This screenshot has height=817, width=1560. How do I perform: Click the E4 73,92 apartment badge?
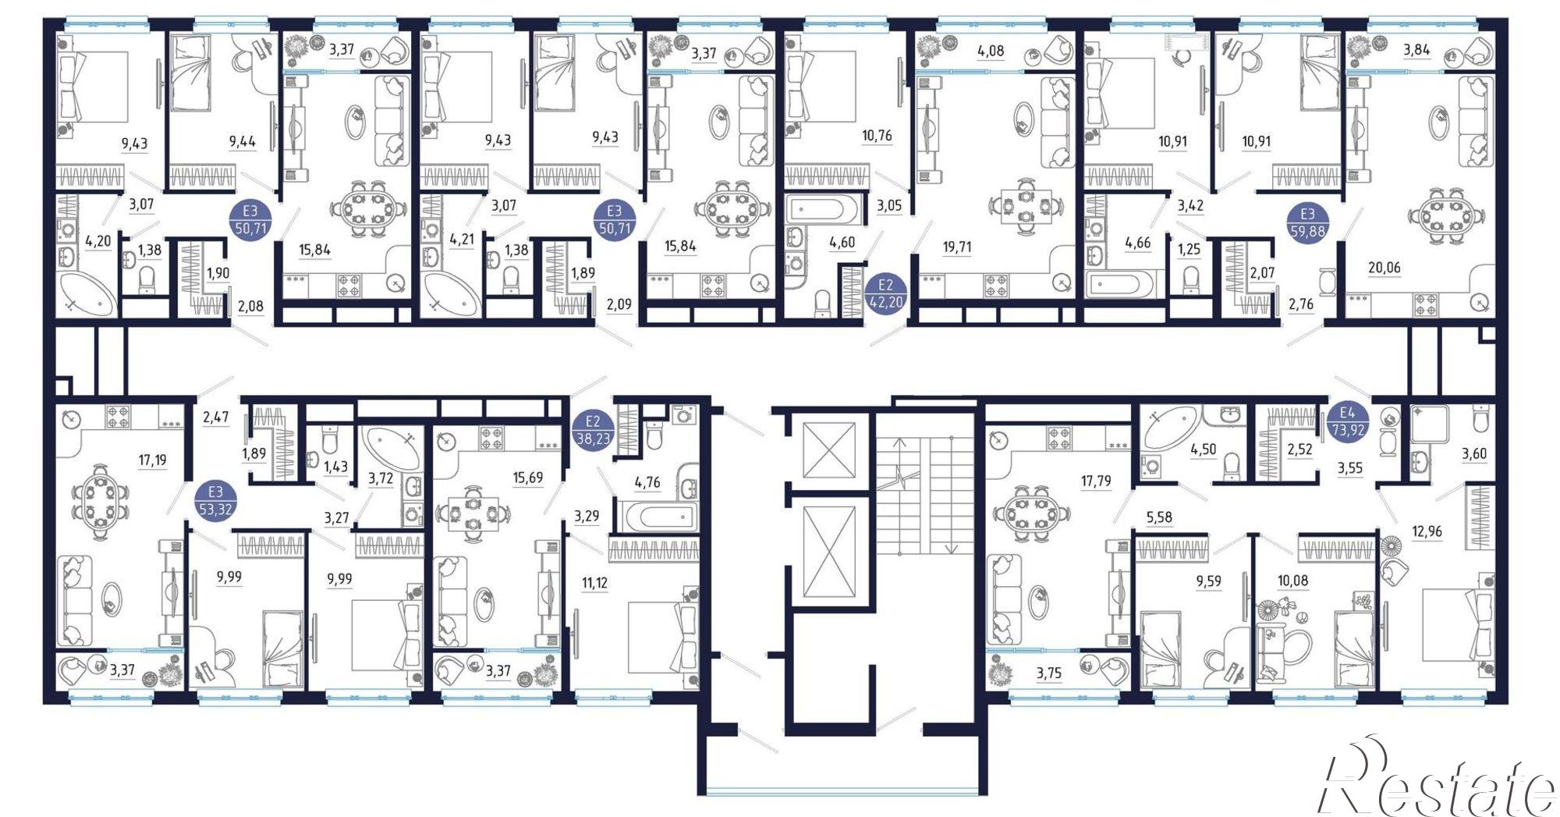[1347, 422]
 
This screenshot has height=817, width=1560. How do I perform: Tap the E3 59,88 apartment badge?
[1307, 222]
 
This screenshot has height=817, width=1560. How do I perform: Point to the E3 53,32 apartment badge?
[215, 501]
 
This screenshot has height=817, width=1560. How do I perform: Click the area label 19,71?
[957, 247]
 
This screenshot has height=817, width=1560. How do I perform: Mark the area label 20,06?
[1384, 268]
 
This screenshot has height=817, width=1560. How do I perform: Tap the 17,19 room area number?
[152, 460]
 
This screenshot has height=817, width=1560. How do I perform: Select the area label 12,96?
[1427, 531]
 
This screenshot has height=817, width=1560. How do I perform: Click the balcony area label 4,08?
[991, 52]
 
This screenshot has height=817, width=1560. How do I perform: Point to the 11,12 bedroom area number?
[594, 583]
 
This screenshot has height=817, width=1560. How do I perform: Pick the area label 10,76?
[877, 136]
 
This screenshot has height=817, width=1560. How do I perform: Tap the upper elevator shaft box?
[829, 449]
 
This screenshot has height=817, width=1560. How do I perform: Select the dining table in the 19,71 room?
[1025, 206]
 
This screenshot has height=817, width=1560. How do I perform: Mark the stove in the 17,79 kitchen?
[1059, 439]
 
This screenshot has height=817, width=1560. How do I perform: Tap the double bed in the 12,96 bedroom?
[1455, 624]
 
